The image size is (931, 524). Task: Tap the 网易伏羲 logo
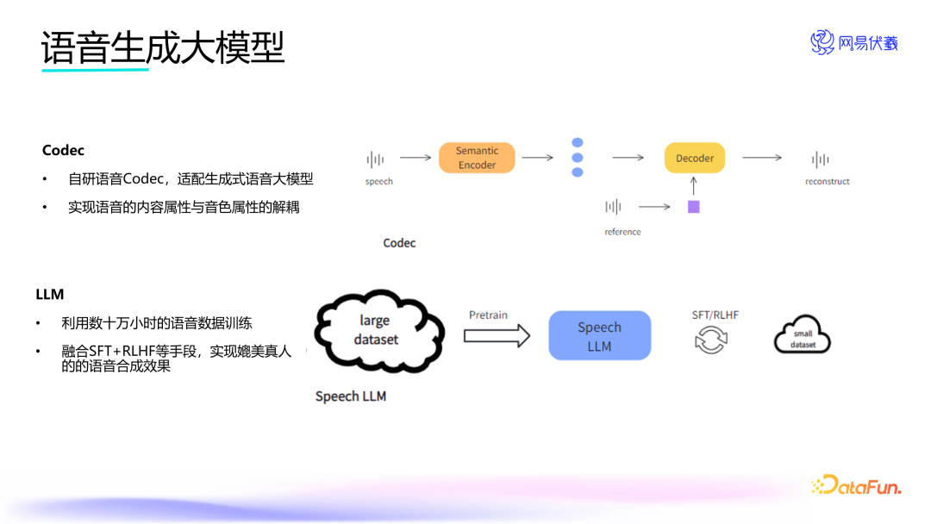(x=853, y=42)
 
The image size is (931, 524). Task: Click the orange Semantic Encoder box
(x=477, y=158)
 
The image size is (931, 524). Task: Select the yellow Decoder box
(x=695, y=158)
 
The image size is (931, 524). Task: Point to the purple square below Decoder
(x=693, y=207)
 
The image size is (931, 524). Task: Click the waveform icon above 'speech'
(x=375, y=159)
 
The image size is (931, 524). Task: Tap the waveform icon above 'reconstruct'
(x=821, y=159)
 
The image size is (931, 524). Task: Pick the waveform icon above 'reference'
(x=613, y=207)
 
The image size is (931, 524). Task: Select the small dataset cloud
(x=802, y=334)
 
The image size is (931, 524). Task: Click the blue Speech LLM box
(x=599, y=336)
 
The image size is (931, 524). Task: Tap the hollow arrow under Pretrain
(x=497, y=336)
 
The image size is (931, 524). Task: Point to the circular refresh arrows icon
(x=711, y=339)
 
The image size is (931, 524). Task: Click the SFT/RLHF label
(x=715, y=315)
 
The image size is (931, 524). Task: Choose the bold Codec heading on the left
(x=64, y=151)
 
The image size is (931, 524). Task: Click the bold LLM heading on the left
(x=50, y=294)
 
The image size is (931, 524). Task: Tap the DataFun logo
(x=856, y=486)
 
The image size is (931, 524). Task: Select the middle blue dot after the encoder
(x=578, y=158)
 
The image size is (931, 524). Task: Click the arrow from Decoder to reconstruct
(x=762, y=158)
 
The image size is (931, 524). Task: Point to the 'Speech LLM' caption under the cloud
(x=350, y=396)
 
